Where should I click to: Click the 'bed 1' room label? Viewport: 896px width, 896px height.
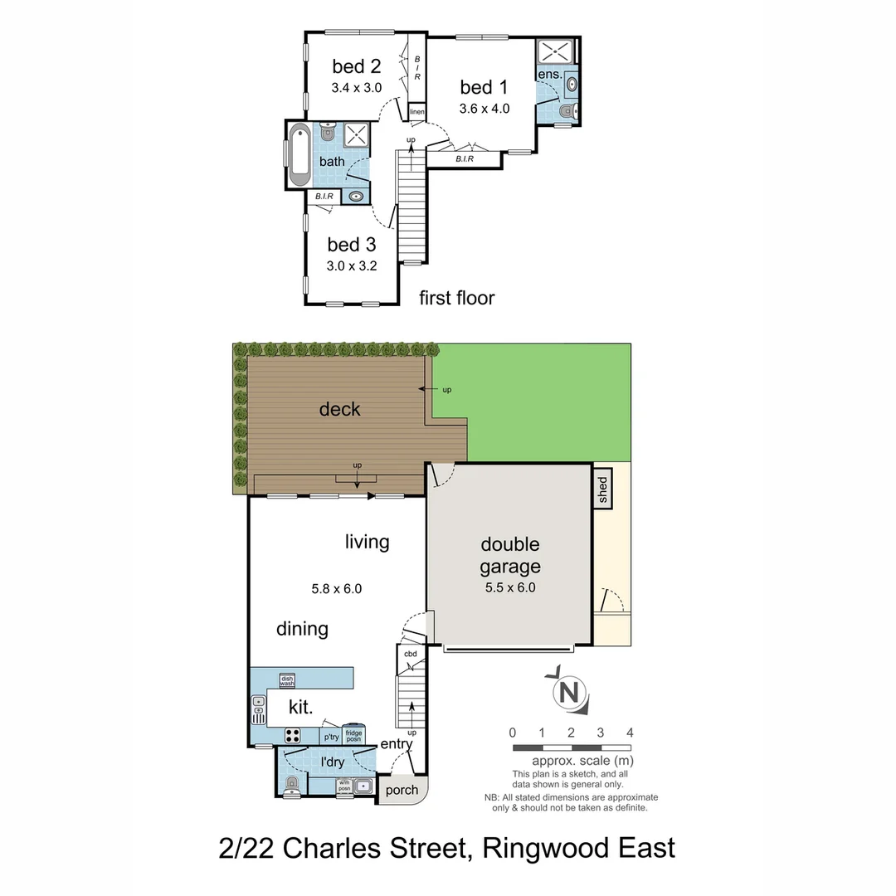(484, 87)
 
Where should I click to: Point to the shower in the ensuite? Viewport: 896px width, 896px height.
(557, 51)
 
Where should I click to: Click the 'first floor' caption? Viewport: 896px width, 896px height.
(456, 298)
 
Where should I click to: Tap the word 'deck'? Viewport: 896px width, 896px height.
(339, 409)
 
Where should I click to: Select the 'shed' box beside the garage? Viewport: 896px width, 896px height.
(601, 489)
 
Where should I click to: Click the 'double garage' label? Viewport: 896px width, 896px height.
(510, 555)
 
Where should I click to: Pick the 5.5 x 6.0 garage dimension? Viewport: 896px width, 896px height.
(509, 587)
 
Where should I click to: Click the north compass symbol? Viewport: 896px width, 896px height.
(570, 692)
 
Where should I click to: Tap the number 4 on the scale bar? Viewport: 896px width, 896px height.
(631, 733)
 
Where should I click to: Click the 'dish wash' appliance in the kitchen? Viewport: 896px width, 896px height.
(287, 680)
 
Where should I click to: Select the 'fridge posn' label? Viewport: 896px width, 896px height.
(353, 735)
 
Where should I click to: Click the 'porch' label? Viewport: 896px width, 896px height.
(402, 790)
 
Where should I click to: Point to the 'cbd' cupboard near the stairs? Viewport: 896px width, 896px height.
(410, 654)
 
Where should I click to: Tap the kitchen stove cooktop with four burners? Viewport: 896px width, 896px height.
(293, 734)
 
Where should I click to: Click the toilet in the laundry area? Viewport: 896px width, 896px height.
(290, 786)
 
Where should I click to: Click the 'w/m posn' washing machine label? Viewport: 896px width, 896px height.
(344, 786)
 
